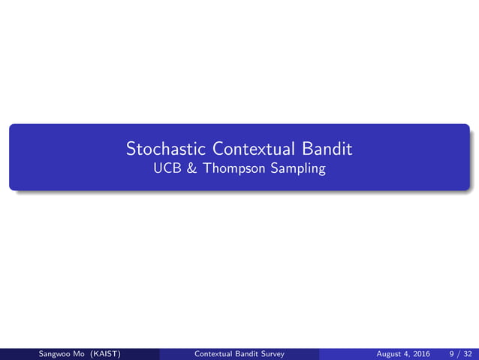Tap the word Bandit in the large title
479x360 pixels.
[327, 148]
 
